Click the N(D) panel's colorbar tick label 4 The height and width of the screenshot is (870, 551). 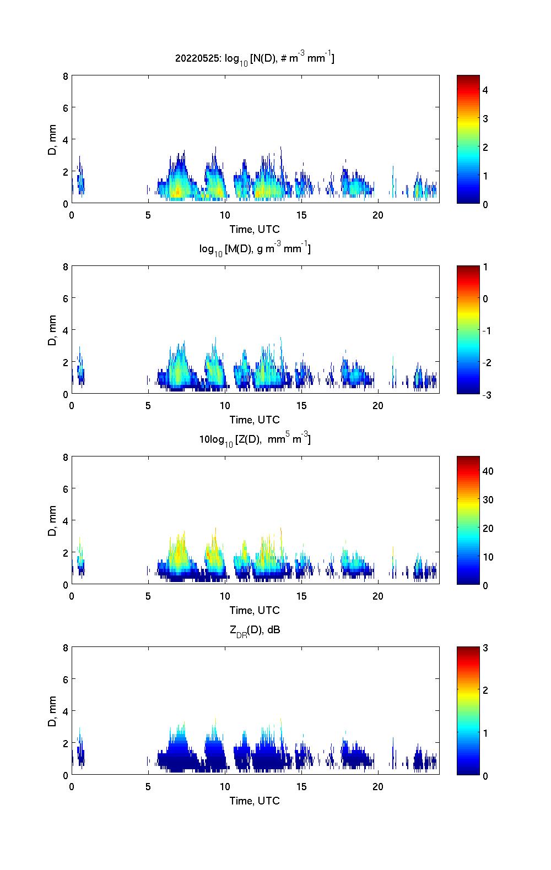point(485,90)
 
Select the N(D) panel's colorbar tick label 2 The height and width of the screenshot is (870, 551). point(485,147)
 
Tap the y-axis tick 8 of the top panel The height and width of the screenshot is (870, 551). point(65,76)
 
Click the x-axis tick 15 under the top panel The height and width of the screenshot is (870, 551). point(301,215)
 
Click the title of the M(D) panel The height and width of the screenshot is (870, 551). point(255,249)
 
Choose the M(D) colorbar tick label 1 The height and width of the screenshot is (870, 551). point(485,267)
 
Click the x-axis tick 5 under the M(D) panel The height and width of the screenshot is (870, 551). point(148,406)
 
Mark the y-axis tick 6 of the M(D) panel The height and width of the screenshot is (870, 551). point(65,298)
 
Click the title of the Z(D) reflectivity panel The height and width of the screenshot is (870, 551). point(255,439)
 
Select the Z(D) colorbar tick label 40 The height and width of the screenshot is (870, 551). point(488,471)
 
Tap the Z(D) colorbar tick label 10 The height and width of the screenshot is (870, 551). point(488,557)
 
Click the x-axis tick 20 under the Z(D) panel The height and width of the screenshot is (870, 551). point(377,596)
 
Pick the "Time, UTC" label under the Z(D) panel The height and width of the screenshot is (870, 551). point(255,610)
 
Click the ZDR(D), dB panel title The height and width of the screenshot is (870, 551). point(255,630)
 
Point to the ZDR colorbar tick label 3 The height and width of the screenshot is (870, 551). point(485,648)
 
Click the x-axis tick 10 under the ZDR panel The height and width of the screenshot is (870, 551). point(225,787)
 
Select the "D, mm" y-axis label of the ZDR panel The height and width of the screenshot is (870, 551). point(53,711)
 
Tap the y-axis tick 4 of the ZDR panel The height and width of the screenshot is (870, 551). point(65,711)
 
